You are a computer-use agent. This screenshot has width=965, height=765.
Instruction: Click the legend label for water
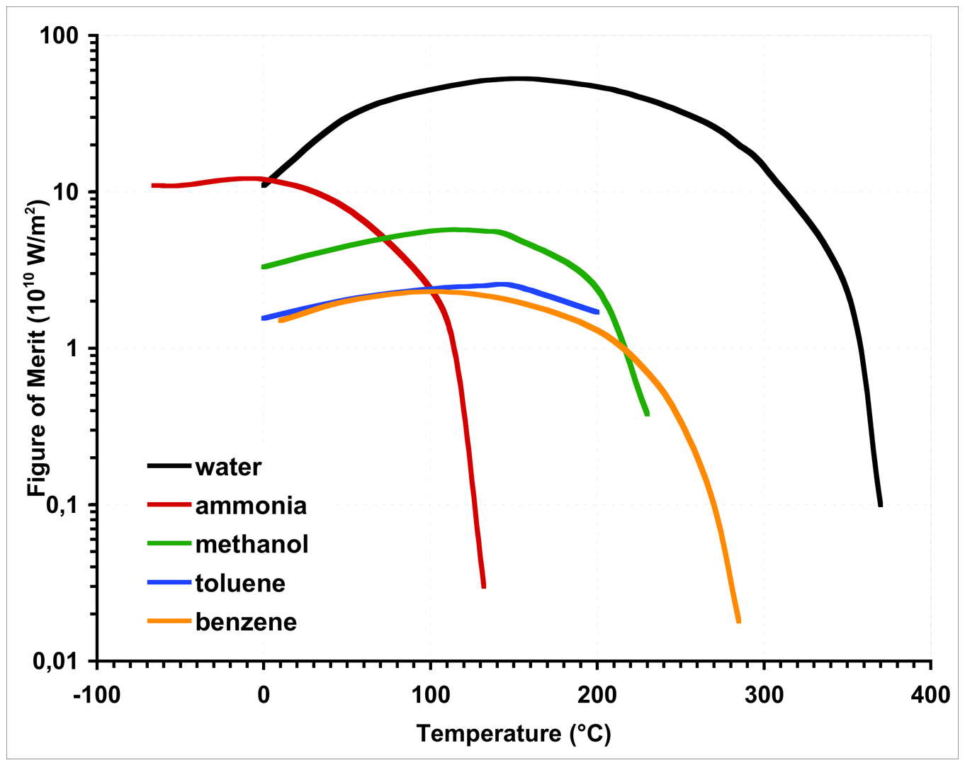tap(228, 467)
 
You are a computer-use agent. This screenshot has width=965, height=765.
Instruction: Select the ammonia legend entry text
tap(251, 506)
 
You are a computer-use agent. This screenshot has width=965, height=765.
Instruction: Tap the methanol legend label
tap(252, 544)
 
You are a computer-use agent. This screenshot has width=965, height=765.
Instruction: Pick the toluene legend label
tap(240, 583)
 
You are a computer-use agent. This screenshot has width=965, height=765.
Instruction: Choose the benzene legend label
tap(246, 622)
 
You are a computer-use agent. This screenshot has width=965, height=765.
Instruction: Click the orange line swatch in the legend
tap(169, 621)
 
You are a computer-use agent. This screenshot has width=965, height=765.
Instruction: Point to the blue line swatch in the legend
tap(169, 582)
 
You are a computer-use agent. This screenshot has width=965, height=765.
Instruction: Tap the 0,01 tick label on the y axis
tap(58, 662)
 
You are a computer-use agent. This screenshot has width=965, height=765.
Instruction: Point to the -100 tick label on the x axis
tap(96, 695)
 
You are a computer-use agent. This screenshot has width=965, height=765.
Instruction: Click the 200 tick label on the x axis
tap(597, 695)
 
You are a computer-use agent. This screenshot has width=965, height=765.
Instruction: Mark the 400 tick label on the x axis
tap(930, 695)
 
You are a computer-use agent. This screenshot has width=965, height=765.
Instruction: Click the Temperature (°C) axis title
tap(514, 733)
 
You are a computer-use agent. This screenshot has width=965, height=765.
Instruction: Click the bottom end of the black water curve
tap(880, 504)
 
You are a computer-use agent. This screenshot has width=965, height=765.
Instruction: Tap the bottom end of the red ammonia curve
tap(483, 585)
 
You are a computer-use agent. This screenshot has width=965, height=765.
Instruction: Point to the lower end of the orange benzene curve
tap(738, 620)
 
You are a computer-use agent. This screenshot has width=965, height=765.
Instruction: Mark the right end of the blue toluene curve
tap(597, 312)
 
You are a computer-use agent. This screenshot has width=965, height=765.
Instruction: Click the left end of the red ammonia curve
tap(153, 186)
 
